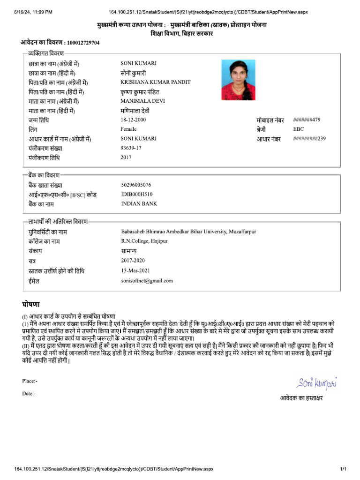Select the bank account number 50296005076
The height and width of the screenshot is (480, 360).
136,185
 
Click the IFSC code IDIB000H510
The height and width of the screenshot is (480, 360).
136,194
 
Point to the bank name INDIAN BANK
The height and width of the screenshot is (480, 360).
139,203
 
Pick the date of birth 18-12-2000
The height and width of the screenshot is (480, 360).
134,120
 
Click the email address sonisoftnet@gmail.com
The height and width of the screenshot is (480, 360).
147,281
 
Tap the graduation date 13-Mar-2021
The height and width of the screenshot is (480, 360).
135,270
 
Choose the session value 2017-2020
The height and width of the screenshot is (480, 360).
133,260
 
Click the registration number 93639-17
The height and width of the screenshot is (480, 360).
131,148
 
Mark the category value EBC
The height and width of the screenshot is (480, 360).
299,129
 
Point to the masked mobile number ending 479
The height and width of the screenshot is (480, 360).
307,120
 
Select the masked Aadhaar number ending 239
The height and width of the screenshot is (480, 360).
309,138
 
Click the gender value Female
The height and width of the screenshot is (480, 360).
128,129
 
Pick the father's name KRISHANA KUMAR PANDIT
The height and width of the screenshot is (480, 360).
155,82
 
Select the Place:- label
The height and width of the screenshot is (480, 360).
30,381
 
